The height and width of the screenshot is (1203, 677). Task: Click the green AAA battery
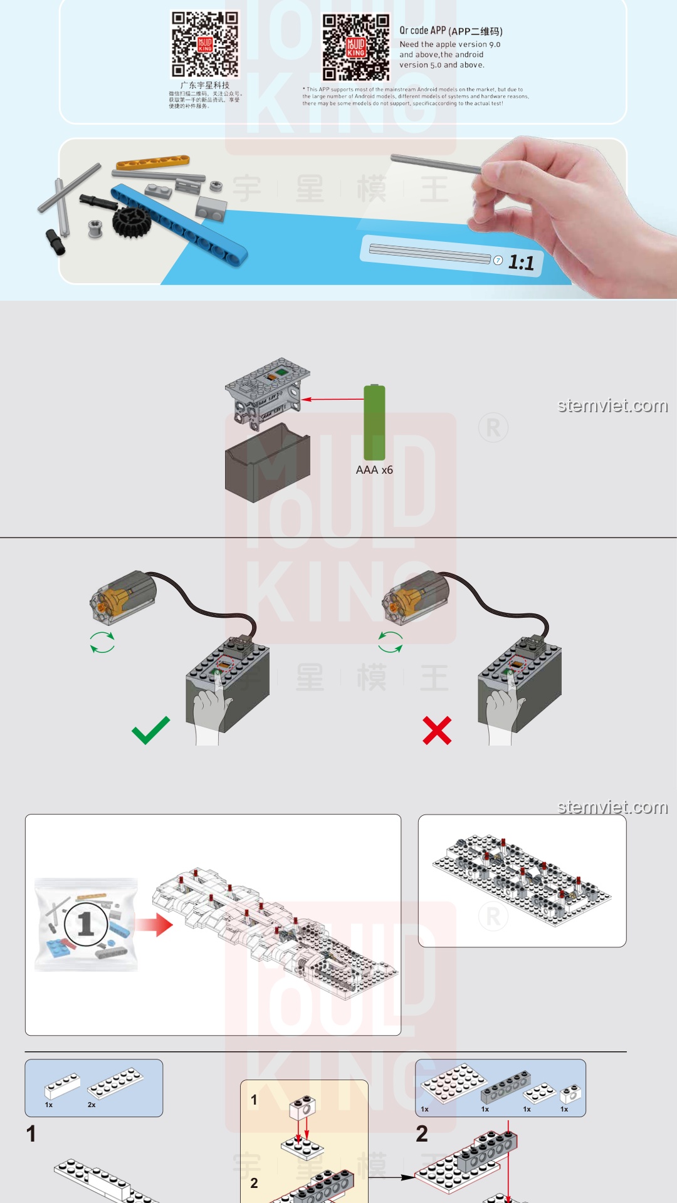(x=374, y=422)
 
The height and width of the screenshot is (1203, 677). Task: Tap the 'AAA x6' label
(x=374, y=470)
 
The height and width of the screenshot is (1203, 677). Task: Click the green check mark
(x=150, y=730)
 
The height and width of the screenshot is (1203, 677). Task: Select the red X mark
(x=437, y=731)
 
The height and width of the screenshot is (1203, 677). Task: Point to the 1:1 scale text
(x=521, y=263)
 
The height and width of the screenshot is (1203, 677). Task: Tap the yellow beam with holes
(x=152, y=163)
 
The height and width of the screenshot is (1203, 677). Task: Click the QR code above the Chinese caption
(x=205, y=44)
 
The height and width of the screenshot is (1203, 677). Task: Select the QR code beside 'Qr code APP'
(x=355, y=48)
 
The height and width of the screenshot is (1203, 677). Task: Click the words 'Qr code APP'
(x=422, y=31)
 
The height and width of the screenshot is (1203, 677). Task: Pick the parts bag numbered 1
(x=86, y=925)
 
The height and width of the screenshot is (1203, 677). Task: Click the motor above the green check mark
(x=123, y=596)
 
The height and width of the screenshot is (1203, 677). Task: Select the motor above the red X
(x=416, y=598)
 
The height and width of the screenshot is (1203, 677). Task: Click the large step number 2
(x=422, y=1133)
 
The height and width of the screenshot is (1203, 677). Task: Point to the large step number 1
(x=31, y=1133)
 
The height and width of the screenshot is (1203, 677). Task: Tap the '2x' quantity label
(x=92, y=1105)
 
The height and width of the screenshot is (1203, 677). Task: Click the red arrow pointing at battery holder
(x=332, y=399)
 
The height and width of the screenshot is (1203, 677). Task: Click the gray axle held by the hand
(x=436, y=164)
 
